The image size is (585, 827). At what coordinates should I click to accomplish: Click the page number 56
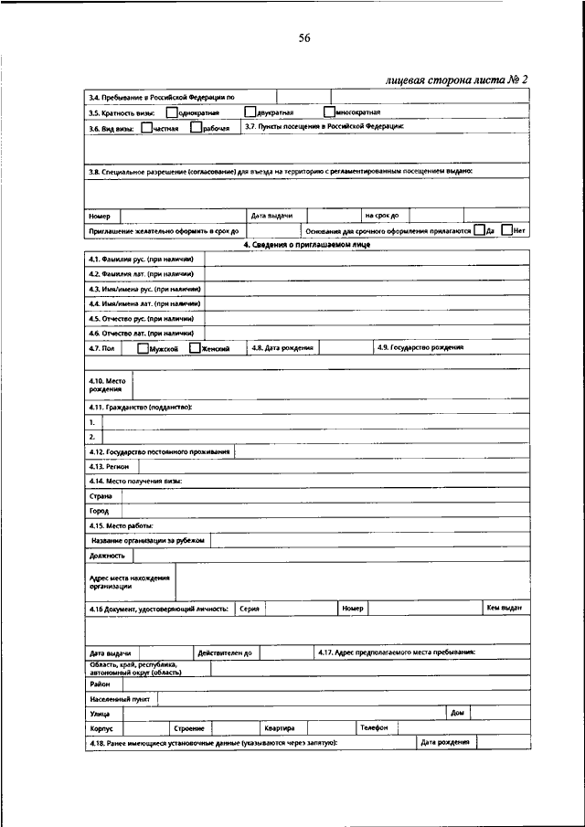[x=305, y=37]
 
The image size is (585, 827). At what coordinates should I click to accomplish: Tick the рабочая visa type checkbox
[x=196, y=128]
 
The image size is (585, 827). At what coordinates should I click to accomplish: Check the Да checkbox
[x=480, y=231]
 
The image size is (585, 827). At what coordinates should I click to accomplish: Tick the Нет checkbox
[x=507, y=231]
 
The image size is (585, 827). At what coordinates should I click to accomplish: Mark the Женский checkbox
[x=194, y=348]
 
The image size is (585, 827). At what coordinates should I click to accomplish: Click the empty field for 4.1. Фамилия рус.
[x=366, y=260]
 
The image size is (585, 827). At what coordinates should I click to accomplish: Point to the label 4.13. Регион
[x=109, y=466]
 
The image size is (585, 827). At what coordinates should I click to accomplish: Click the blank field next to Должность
[x=329, y=555]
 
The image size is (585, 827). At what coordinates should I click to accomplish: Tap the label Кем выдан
[x=504, y=608]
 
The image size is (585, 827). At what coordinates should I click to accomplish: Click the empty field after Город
[x=324, y=511]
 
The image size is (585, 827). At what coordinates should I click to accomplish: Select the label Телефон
[x=373, y=727]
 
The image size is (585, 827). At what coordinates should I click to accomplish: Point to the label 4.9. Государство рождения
[x=420, y=348]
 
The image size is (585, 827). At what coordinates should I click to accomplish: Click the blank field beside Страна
[x=324, y=495]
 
